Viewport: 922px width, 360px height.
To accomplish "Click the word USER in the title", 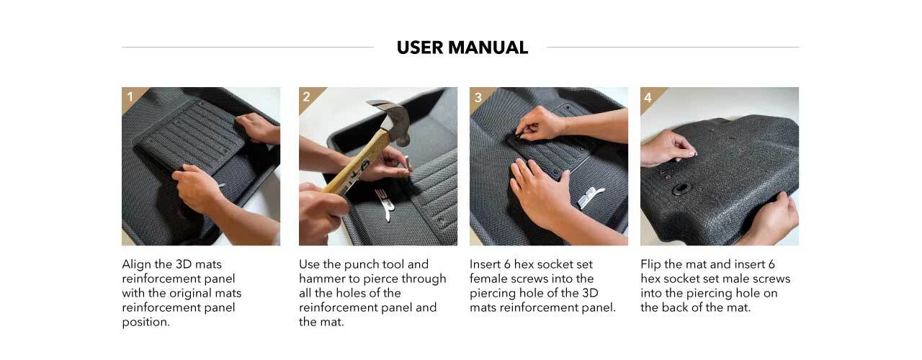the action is click(419, 48).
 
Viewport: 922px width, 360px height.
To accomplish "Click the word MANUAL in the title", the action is click(488, 48).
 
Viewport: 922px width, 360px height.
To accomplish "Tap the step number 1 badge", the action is click(130, 96).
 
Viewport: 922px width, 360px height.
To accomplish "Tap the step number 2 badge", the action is click(307, 96).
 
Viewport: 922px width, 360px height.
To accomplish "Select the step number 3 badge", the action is click(478, 97).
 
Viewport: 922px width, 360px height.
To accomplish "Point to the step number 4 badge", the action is click(648, 97).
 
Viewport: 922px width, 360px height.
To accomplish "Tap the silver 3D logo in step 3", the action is click(589, 197).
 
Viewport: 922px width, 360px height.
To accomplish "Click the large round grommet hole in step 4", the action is click(681, 189).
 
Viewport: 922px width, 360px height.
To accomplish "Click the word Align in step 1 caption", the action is click(136, 264).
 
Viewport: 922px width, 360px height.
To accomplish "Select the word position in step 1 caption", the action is click(146, 322).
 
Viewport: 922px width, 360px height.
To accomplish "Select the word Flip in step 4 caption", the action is click(650, 264).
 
